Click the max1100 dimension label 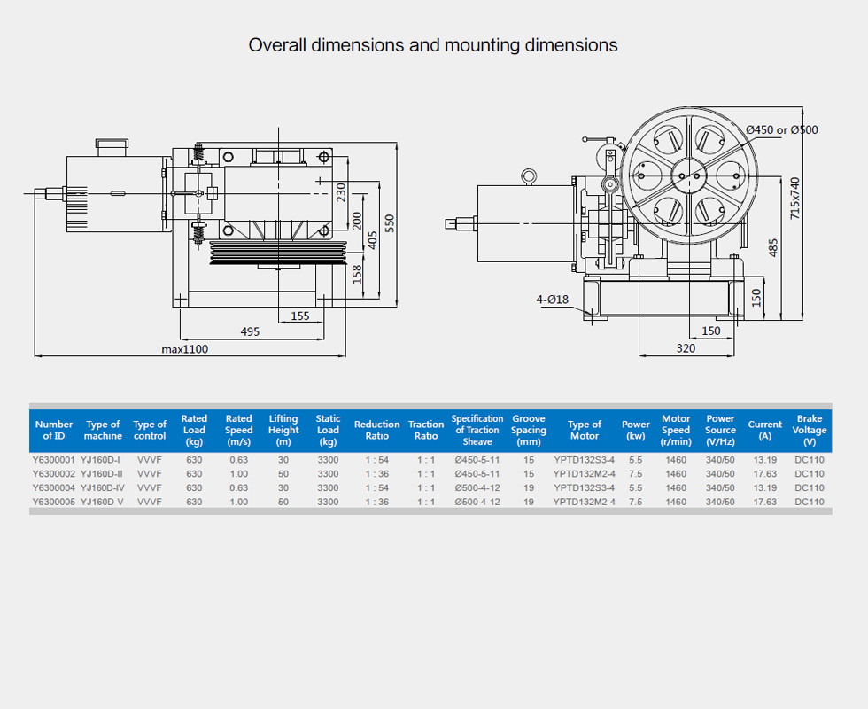tap(184, 349)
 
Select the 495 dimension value tap(250, 331)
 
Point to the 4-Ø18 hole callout tap(552, 300)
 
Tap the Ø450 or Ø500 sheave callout tap(782, 130)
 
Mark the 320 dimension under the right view tap(686, 348)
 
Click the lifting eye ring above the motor tap(529, 176)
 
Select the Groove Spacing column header tap(529, 430)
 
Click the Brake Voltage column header tap(809, 430)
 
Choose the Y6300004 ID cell tap(53, 487)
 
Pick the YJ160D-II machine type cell tap(101, 473)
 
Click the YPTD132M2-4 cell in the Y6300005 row tap(584, 502)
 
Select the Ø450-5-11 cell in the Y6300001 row tap(477, 460)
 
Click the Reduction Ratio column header tap(376, 430)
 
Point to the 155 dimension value tap(300, 316)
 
